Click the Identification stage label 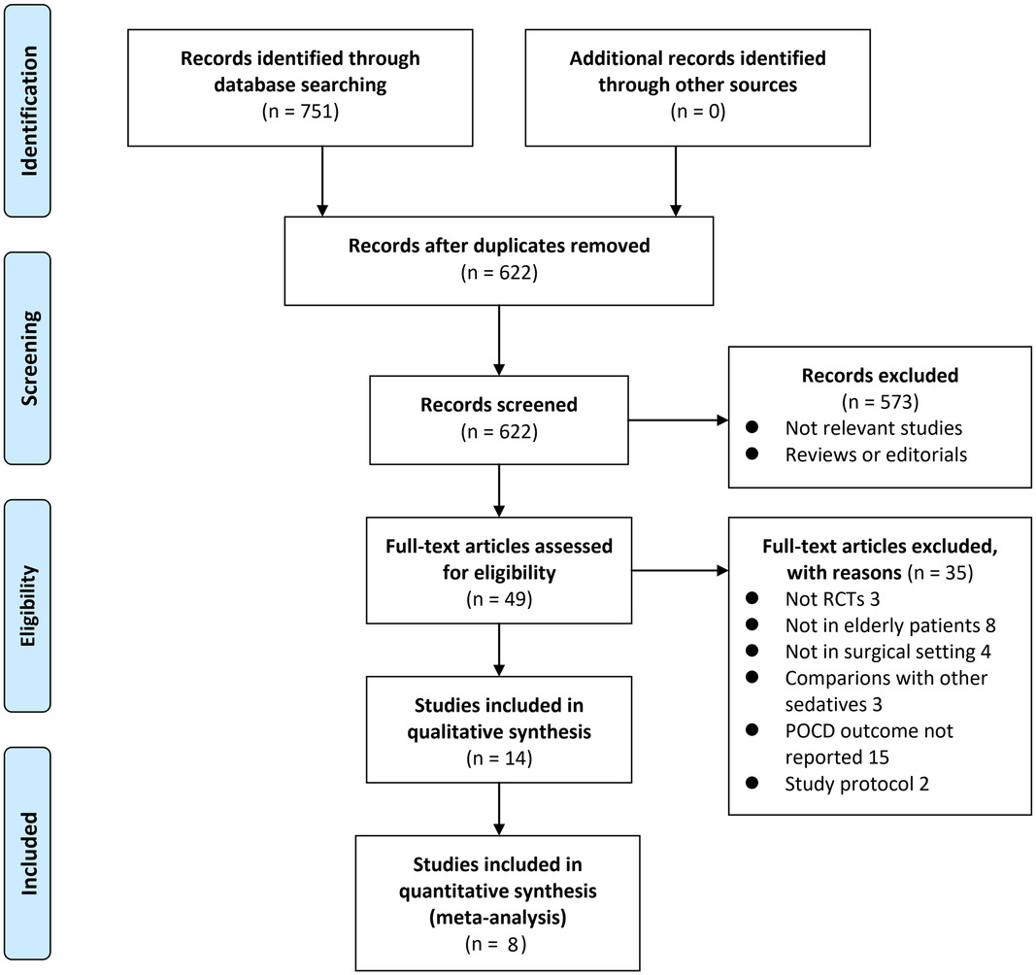(29, 111)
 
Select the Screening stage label (29, 357)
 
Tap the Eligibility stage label (29, 606)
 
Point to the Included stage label (29, 854)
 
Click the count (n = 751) (301, 111)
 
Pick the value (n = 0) (698, 111)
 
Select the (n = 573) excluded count (880, 402)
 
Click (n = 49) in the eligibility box (499, 599)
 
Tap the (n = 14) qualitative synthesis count (499, 758)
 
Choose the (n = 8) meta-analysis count (497, 944)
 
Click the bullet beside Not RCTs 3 (752, 598)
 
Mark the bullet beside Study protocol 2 (752, 784)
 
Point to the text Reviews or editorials (876, 454)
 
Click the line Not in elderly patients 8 (890, 625)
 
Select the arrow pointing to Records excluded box (678, 420)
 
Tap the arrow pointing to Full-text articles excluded (680, 570)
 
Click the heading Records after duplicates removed (499, 246)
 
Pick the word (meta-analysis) (497, 918)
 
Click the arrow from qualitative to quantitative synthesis (499, 809)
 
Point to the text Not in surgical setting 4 (888, 652)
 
